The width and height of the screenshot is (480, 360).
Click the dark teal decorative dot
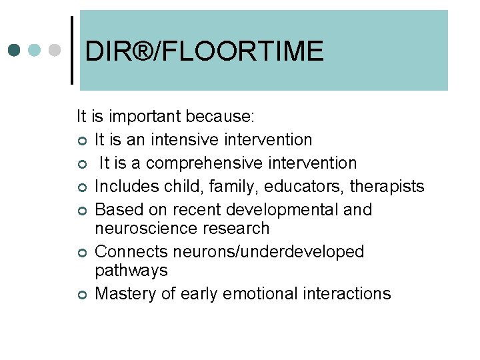pos(15,51)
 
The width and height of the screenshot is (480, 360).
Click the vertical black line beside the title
pos(72,50)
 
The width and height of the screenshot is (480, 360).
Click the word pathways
pos(131,271)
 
